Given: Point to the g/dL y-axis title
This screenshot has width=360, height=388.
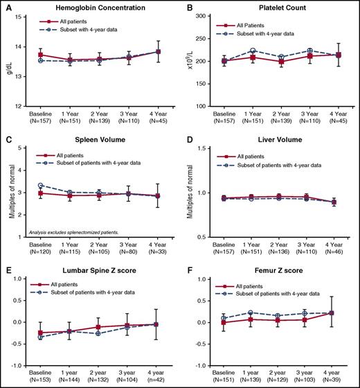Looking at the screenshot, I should click(8, 60).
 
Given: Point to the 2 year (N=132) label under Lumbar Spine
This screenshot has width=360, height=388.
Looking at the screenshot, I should click(98, 378).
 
